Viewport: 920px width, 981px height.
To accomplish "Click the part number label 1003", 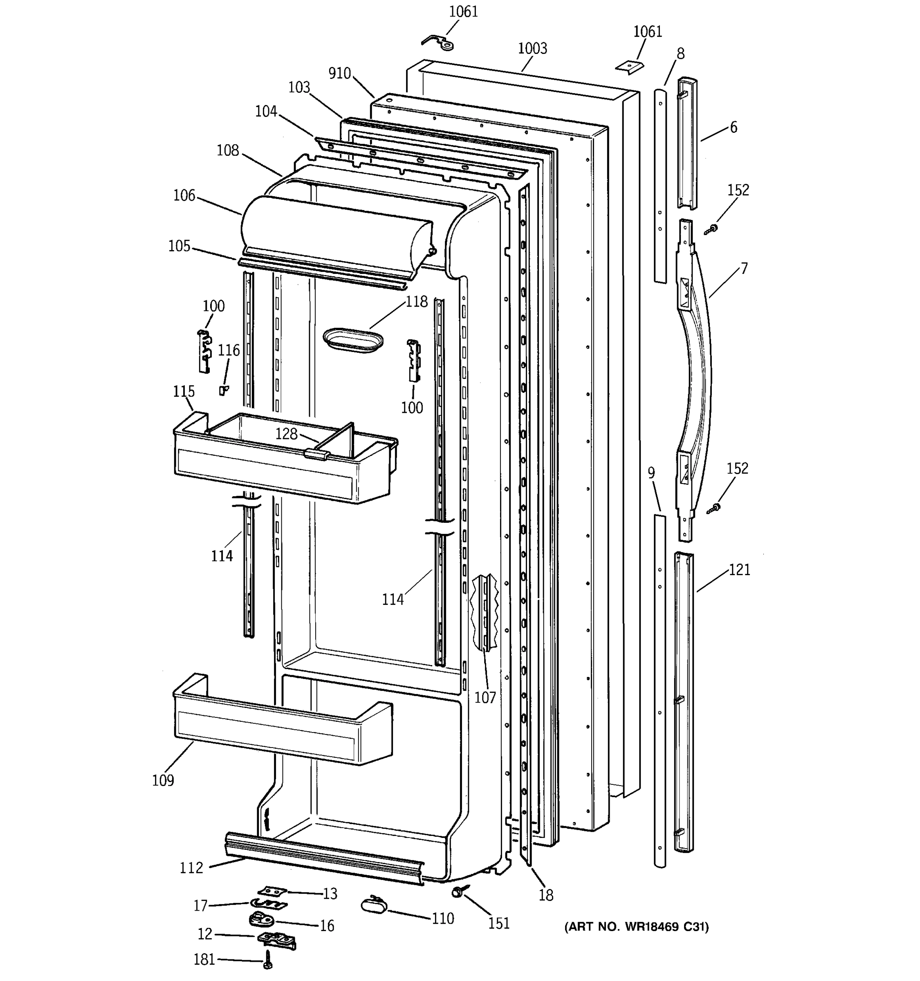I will (532, 48).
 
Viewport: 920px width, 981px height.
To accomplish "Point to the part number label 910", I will (339, 74).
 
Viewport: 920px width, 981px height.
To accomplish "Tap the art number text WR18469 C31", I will (636, 927).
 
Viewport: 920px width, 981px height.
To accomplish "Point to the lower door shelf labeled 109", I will (281, 726).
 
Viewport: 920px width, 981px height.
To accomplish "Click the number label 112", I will (191, 867).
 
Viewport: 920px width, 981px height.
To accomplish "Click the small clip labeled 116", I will (224, 390).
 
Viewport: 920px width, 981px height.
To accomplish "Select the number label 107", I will (485, 697).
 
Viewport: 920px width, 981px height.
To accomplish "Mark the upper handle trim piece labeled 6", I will (687, 143).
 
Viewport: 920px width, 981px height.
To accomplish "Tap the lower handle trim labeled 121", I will (684, 701).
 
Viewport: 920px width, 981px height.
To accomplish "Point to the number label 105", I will (179, 246).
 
